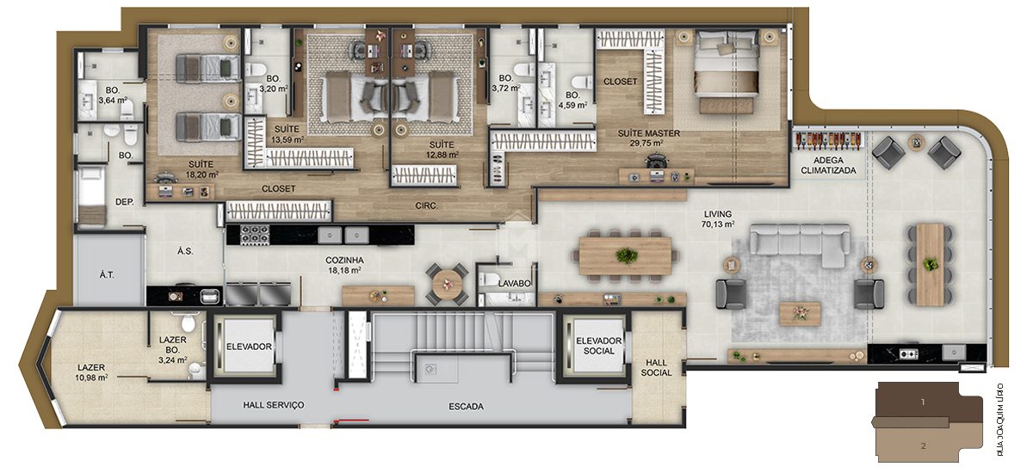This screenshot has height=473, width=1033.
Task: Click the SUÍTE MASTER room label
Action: pyautogui.click(x=649, y=133)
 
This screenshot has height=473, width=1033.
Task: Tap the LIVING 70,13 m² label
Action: pyautogui.click(x=717, y=218)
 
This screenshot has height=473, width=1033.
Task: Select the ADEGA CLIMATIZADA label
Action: pyautogui.click(x=828, y=165)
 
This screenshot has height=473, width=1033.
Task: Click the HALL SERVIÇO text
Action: pyautogui.click(x=273, y=405)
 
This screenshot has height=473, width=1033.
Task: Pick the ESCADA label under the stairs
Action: pyautogui.click(x=466, y=406)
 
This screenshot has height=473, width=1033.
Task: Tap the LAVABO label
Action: pyautogui.click(x=514, y=283)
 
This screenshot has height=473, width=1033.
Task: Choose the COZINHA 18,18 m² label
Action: pyautogui.click(x=344, y=264)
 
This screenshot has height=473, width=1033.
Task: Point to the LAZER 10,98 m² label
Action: pyautogui.click(x=91, y=372)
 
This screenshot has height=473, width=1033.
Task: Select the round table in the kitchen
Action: pyautogui.click(x=448, y=284)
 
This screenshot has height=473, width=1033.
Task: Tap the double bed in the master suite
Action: pyautogui.click(x=725, y=69)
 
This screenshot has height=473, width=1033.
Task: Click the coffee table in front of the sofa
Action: pyautogui.click(x=800, y=313)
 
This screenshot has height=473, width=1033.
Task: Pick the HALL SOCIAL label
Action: pyautogui.click(x=656, y=367)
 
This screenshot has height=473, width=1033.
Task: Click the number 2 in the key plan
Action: pyautogui.click(x=922, y=445)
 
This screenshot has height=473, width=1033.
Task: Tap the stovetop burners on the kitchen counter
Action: pyautogui.click(x=255, y=233)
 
